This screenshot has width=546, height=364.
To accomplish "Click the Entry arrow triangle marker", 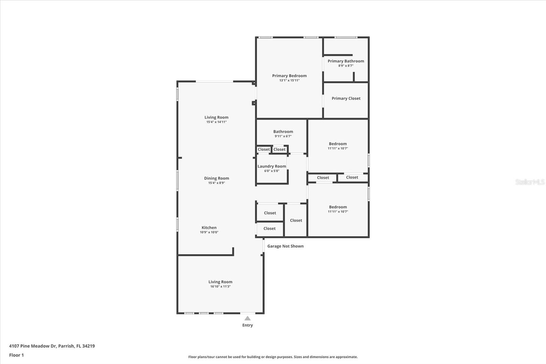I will click(247, 318).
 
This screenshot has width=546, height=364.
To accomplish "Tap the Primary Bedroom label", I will click(289, 76).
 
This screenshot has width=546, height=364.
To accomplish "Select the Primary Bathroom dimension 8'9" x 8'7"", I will click(346, 66).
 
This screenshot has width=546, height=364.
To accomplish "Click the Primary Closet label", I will click(346, 98).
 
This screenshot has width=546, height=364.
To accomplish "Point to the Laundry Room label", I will click(272, 166).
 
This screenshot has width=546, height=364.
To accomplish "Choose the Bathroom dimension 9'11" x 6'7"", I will click(283, 136).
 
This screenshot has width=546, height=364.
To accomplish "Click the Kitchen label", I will click(209, 227).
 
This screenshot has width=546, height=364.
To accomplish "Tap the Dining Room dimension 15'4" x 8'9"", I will click(216, 183).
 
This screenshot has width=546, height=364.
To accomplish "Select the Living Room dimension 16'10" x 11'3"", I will click(220, 286).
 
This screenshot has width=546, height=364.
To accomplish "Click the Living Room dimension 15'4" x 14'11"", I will click(216, 122).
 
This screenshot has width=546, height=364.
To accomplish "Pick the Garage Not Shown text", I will click(285, 246).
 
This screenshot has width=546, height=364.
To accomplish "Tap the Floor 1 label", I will click(16, 355).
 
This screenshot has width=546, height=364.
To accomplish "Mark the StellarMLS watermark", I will click(530, 182).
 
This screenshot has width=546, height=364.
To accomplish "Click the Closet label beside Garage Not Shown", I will click(269, 228).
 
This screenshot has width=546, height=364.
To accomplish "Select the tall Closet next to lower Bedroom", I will click(296, 220).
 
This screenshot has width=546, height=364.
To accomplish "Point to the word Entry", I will click(247, 325).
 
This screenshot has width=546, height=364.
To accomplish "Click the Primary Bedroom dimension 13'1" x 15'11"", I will click(289, 81).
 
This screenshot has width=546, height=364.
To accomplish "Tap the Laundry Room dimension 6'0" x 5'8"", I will click(272, 171).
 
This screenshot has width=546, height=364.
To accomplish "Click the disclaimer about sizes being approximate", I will click(273, 357).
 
